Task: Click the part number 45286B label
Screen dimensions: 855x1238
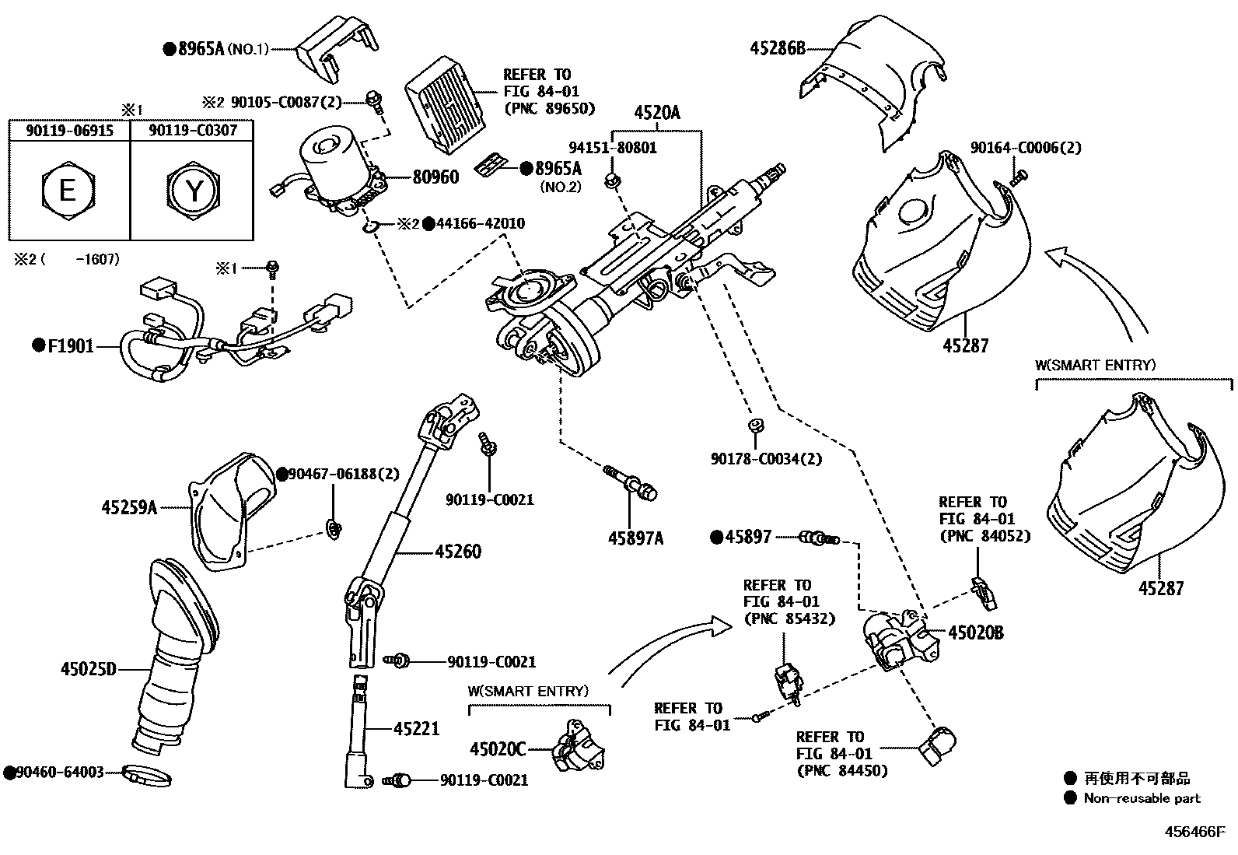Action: (x=778, y=48)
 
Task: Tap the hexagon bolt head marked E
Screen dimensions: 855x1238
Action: (x=68, y=190)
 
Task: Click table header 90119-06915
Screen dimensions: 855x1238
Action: (x=69, y=131)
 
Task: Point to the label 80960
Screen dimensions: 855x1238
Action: (x=435, y=177)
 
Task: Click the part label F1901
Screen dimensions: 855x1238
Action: (x=70, y=345)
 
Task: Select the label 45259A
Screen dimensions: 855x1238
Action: (x=129, y=507)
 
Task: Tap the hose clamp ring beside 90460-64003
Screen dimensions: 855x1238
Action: (x=148, y=776)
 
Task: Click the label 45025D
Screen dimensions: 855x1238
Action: (x=88, y=668)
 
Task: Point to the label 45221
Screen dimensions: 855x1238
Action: (x=416, y=729)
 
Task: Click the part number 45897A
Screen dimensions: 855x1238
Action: (x=635, y=538)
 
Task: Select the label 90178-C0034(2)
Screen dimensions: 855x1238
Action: (x=766, y=459)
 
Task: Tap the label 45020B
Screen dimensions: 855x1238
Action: (x=976, y=632)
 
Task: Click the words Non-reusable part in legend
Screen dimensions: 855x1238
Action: (x=1142, y=798)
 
